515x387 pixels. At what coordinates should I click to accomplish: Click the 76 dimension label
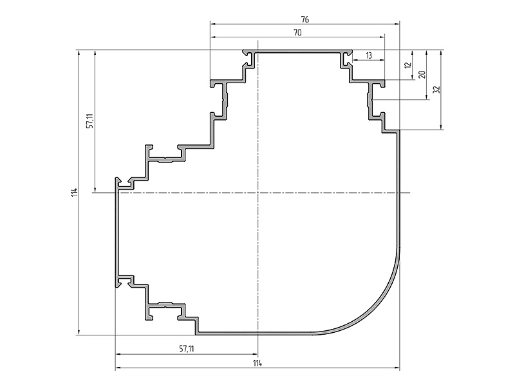(304, 20)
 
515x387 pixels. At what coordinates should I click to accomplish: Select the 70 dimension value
(297, 33)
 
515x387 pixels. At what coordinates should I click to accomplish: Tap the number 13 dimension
(368, 55)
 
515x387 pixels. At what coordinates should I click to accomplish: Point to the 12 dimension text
(408, 65)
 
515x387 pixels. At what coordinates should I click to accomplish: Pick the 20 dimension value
(422, 74)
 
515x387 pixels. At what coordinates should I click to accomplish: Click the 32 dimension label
(436, 89)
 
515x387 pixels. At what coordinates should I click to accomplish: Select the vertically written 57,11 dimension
(90, 121)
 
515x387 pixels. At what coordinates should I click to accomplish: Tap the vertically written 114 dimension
(74, 192)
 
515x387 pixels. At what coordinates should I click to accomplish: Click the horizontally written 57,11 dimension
(187, 348)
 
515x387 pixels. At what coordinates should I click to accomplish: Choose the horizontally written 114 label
(257, 363)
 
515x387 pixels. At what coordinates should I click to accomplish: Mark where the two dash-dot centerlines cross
(258, 192)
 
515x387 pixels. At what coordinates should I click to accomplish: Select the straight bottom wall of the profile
(254, 333)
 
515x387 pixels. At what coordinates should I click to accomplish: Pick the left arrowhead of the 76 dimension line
(213, 24)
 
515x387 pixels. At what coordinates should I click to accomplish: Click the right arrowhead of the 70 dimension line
(382, 37)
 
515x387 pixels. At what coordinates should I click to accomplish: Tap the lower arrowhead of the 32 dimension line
(441, 127)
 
